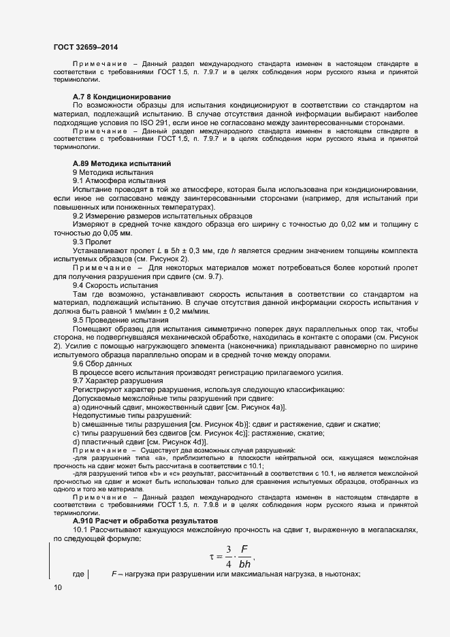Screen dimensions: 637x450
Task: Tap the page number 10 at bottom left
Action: point(57,587)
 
